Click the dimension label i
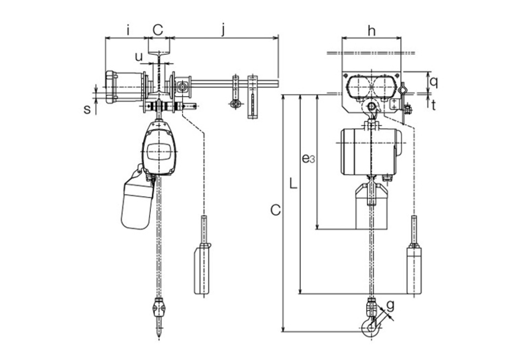tap(128, 30)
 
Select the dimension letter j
tap(223, 30)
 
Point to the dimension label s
tap(87, 109)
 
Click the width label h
tap(371, 31)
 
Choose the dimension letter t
tap(433, 105)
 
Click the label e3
tap(306, 158)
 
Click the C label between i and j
tap(158, 30)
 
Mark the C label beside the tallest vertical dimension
tap(275, 210)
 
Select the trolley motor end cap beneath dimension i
tap(111, 87)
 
